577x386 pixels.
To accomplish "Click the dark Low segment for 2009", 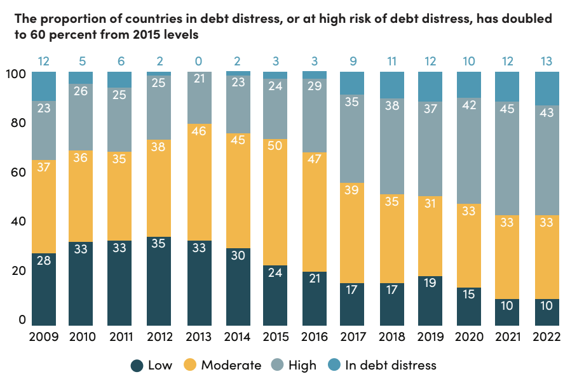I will pos(44,289).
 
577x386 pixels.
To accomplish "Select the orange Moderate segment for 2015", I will pos(275,202).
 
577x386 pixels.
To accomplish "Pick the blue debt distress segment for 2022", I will pos(547,88).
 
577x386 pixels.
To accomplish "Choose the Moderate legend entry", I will pos(222,365).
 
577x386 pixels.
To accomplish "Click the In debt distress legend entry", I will pos(381,365).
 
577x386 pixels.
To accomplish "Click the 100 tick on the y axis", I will pos(15,74).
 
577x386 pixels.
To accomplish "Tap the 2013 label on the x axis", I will pos(198,336).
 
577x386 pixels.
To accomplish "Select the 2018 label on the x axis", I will pos(392,336).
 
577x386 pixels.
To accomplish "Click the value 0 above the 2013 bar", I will pos(198,62).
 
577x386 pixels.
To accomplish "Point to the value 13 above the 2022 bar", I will pos(547,62).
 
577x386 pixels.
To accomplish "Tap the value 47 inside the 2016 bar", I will pos(314,159).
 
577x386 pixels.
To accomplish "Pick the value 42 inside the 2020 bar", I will pos(470,106).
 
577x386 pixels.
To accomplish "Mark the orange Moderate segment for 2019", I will pos(431,236).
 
